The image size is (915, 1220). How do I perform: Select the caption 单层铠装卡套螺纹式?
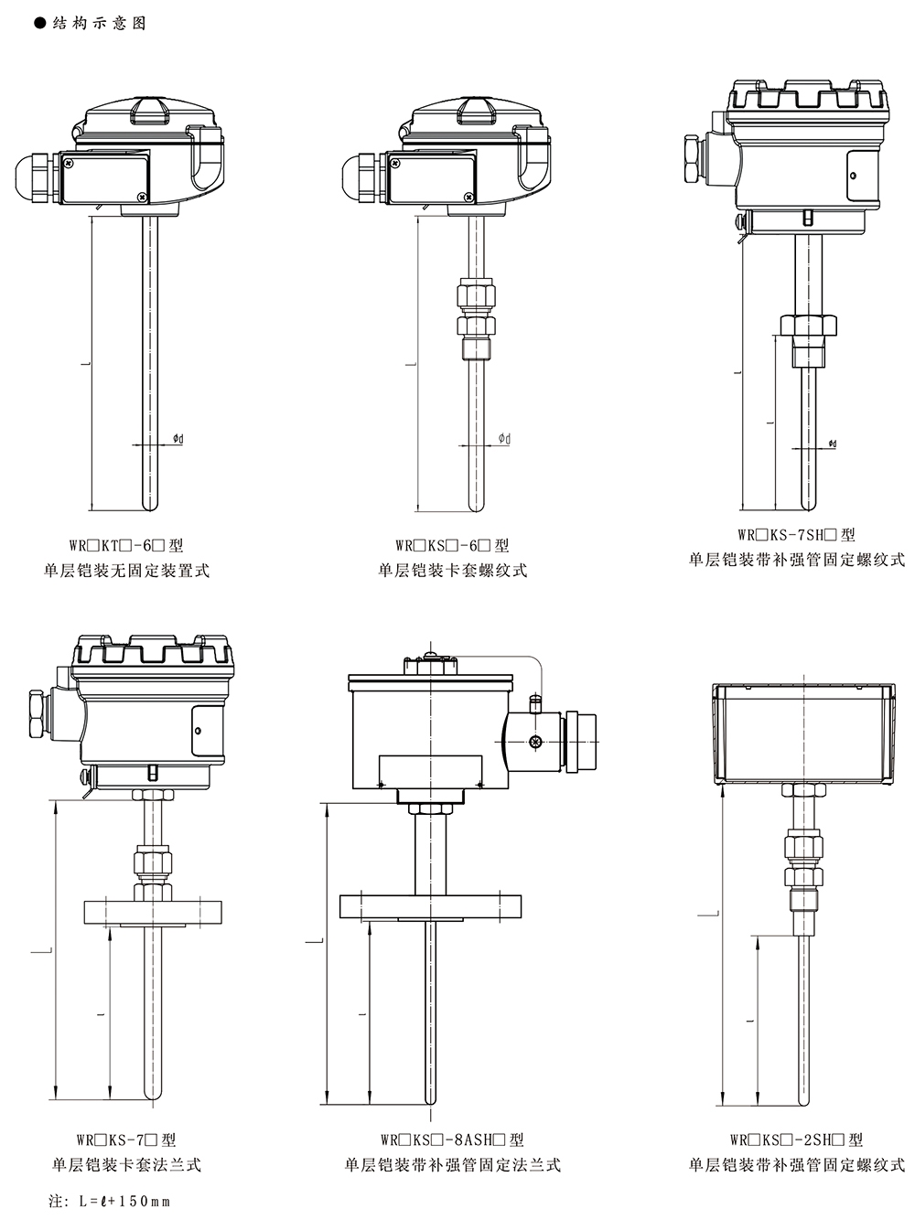click(453, 571)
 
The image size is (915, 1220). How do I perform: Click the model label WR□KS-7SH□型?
click(796, 535)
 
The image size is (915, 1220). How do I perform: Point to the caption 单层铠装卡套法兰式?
click(126, 1164)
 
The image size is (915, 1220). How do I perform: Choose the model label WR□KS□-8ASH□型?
click(452, 1140)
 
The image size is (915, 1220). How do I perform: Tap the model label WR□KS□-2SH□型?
click(796, 1140)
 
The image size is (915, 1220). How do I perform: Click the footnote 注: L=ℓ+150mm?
click(111, 1200)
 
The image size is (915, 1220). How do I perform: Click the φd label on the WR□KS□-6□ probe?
click(504, 440)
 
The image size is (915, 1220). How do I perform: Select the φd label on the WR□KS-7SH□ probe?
click(832, 444)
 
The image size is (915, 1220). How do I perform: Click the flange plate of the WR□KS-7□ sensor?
click(153, 912)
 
